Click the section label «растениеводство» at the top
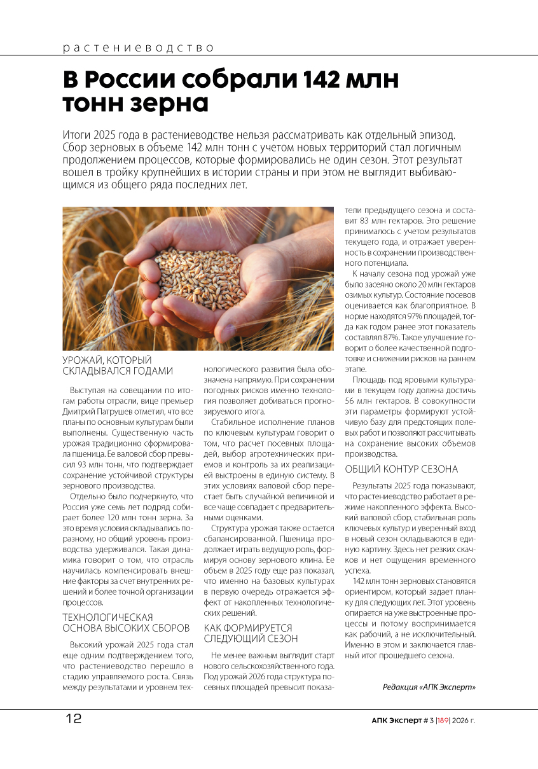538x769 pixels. [138, 48]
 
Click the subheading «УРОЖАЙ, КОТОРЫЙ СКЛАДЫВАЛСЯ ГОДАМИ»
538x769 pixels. [117, 366]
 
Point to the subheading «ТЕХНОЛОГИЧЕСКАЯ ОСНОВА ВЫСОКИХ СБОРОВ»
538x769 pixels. [125, 622]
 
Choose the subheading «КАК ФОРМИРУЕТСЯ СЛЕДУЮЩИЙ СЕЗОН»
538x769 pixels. [251, 632]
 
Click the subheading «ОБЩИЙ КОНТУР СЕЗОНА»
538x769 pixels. [401, 469]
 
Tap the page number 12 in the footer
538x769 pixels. [73, 719]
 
